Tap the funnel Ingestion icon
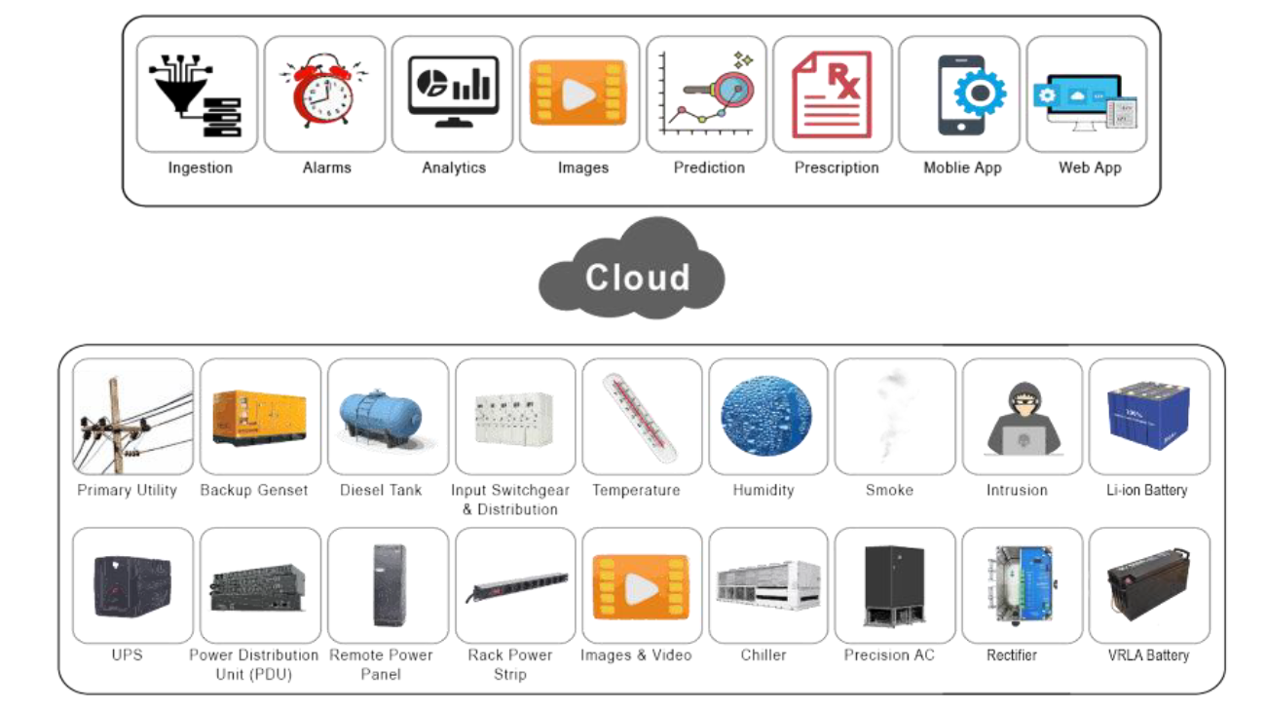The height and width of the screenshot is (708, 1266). tap(196, 95)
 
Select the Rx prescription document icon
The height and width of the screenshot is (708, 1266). tap(832, 94)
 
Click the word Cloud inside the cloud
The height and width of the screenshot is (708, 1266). tap(638, 278)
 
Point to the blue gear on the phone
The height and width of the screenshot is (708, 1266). tap(980, 93)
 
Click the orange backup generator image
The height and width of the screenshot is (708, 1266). tap(259, 417)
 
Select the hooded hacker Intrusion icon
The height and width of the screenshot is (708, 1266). tap(1023, 418)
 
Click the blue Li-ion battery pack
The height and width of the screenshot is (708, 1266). tap(1148, 415)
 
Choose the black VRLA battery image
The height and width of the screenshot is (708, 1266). tap(1148, 583)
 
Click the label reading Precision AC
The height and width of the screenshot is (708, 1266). tap(889, 654)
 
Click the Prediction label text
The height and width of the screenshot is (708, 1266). tap(709, 168)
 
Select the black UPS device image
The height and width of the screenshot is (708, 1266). tap(132, 585)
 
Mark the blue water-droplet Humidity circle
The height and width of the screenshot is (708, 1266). tap(766, 416)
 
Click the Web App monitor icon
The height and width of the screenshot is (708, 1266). tap(1085, 102)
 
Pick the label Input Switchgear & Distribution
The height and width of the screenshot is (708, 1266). tap(510, 500)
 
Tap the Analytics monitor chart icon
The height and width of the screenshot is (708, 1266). tap(453, 91)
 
